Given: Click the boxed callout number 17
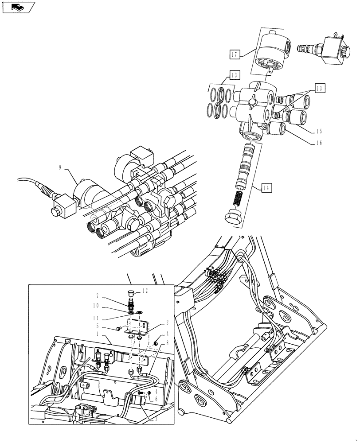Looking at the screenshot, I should (235, 54).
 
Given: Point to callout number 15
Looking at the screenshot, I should (319, 132).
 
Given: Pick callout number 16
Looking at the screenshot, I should (319, 143).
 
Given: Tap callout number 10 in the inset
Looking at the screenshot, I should (96, 306).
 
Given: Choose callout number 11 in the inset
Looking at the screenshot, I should (96, 318).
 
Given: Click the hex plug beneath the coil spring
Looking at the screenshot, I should (232, 218).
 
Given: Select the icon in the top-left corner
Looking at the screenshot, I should (18, 8).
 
